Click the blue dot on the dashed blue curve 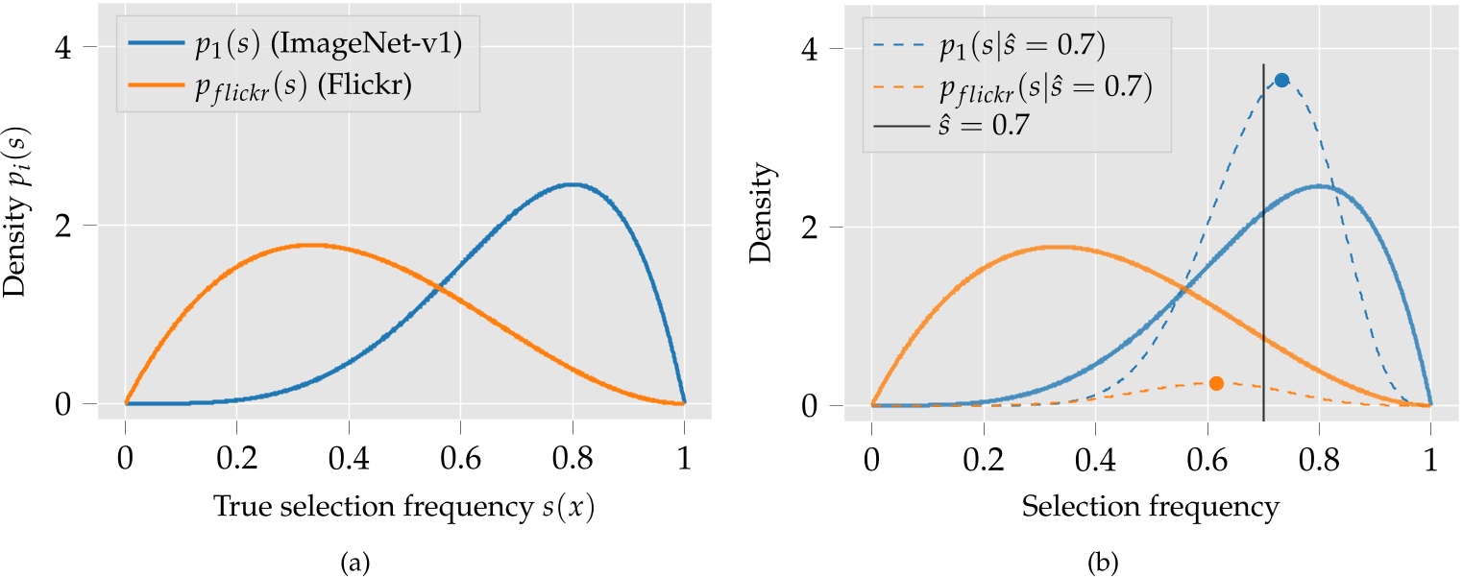(1280, 80)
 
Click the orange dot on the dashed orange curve (1216, 383)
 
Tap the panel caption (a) (404, 554)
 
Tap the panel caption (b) (1151, 554)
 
